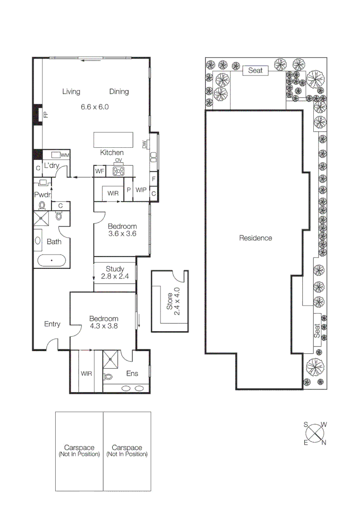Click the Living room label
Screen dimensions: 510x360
click(71, 92)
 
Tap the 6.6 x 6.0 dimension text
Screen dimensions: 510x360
click(94, 107)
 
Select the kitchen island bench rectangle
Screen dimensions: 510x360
click(111, 140)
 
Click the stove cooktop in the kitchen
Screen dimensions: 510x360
click(118, 171)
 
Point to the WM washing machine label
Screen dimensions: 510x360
click(65, 155)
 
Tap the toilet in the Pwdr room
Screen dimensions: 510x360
click(42, 205)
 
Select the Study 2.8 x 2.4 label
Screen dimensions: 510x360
click(115, 272)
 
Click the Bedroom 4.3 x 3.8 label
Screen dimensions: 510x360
click(104, 322)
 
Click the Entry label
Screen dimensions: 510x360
click(52, 324)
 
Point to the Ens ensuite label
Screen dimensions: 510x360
click(132, 374)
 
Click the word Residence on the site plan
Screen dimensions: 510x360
click(255, 238)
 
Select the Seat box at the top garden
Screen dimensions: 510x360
click(255, 70)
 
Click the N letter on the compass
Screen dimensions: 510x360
click(324, 442)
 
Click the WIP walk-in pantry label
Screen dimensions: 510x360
click(141, 190)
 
